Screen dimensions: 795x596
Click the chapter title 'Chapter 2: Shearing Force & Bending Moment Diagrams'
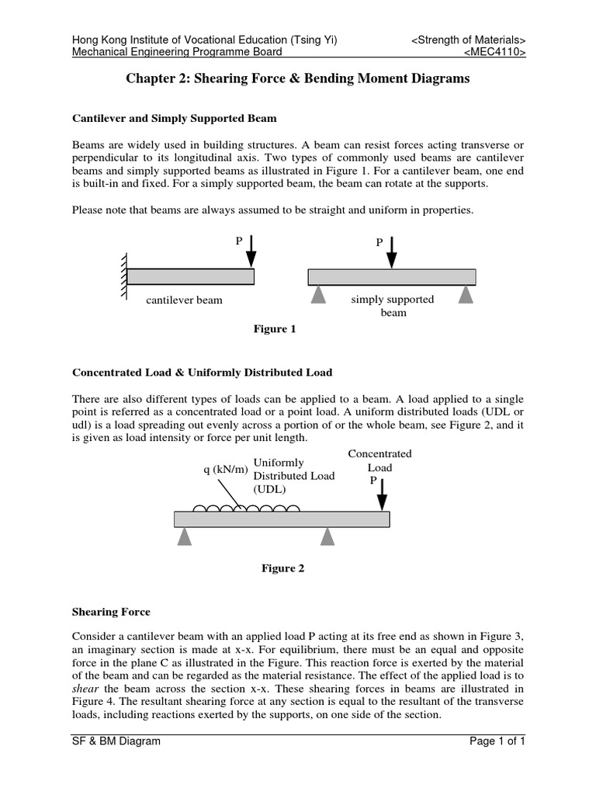click(298, 79)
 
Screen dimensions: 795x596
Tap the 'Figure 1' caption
click(275, 329)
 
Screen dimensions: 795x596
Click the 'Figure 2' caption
click(283, 568)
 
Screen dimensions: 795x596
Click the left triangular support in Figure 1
click(316, 294)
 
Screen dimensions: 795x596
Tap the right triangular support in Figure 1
click(466, 294)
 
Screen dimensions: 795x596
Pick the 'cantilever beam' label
click(184, 300)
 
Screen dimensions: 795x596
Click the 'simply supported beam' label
click(393, 306)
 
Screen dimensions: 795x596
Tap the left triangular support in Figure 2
click(184, 536)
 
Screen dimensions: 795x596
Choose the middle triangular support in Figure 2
click(327, 536)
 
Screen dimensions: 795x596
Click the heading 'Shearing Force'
click(111, 612)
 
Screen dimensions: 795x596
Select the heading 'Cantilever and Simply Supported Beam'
click(175, 119)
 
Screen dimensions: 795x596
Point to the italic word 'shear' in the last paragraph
click(85, 688)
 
